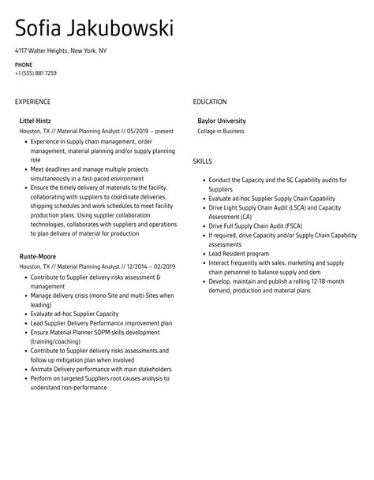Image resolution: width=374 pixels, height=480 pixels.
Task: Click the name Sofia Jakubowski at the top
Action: point(94,30)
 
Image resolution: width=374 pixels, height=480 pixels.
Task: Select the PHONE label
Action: point(24,65)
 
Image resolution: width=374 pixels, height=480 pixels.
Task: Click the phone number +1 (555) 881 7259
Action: point(36,73)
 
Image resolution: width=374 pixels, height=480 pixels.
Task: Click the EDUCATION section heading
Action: point(210,102)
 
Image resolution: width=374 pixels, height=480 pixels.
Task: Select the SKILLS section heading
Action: point(204,161)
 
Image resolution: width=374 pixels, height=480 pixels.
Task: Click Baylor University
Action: point(222,121)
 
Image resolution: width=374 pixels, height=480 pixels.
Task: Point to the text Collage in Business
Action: point(221,131)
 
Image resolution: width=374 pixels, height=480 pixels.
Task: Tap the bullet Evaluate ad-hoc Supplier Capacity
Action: point(73,313)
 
